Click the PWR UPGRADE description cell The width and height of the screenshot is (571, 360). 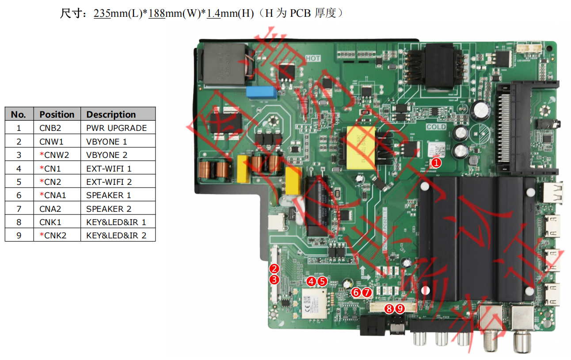click(x=116, y=128)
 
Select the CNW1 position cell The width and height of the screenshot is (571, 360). click(x=52, y=142)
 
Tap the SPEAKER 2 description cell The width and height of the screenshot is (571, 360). click(x=109, y=209)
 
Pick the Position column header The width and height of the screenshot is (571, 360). click(x=57, y=115)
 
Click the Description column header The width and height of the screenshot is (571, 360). click(x=111, y=115)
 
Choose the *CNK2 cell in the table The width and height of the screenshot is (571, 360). click(x=53, y=235)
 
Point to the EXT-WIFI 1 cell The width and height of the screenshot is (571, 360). click(x=109, y=169)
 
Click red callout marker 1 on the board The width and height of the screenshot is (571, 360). click(x=436, y=163)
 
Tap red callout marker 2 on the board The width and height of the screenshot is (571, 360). click(x=274, y=268)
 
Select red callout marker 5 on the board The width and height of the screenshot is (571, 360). click(x=322, y=281)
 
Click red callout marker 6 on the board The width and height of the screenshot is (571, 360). click(x=356, y=292)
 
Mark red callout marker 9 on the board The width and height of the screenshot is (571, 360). click(x=400, y=309)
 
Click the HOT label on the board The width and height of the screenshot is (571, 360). click(x=312, y=58)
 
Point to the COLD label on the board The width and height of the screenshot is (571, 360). click(x=436, y=127)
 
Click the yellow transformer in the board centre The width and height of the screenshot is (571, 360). click(x=360, y=147)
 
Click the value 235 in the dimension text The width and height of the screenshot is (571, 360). click(x=102, y=14)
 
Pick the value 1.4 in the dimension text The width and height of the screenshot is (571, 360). click(x=213, y=14)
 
